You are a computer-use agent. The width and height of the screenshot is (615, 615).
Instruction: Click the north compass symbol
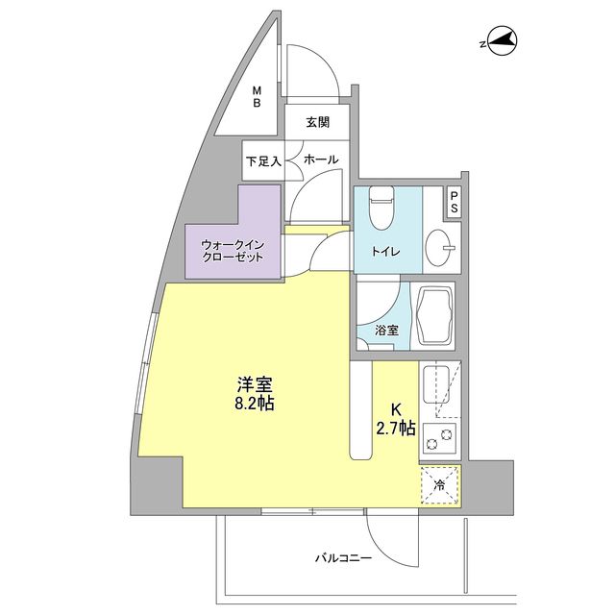(x=502, y=41)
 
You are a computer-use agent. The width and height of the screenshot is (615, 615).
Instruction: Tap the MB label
(x=257, y=98)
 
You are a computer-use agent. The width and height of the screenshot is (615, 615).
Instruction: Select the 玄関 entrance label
(x=317, y=122)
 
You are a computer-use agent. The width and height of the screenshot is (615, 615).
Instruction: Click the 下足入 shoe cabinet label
(x=262, y=161)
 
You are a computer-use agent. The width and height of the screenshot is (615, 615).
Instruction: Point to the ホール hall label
(x=319, y=160)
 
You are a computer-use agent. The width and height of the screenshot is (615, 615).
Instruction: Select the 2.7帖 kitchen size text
(x=396, y=430)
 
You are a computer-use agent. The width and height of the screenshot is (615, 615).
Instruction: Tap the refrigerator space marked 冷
(x=439, y=485)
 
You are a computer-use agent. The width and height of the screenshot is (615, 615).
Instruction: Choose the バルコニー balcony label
(x=342, y=557)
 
